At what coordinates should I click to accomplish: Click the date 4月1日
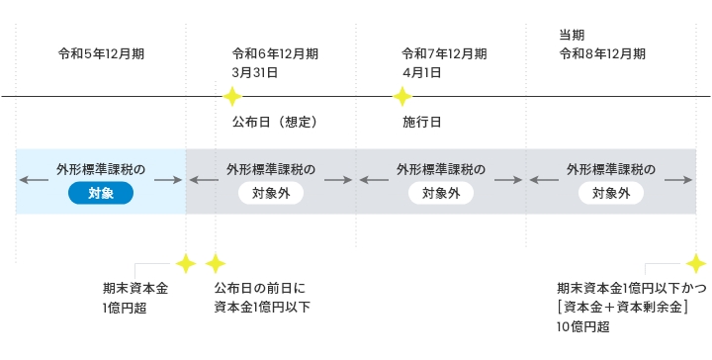tap(421, 72)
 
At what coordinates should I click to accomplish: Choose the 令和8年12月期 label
tap(602, 53)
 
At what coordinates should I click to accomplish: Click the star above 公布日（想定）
tap(231, 97)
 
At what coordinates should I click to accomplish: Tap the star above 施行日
tap(401, 97)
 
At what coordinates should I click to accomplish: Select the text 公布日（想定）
tap(274, 123)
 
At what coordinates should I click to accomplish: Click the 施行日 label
tap(421, 123)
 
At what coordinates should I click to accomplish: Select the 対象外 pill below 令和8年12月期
tap(611, 194)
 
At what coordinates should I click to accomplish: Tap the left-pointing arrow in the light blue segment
tap(32, 180)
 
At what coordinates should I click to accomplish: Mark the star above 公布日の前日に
tap(215, 263)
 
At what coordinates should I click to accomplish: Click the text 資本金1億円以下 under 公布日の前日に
tap(261, 308)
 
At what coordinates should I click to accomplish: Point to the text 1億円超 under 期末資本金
tap(124, 308)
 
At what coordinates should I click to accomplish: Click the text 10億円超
tap(583, 326)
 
